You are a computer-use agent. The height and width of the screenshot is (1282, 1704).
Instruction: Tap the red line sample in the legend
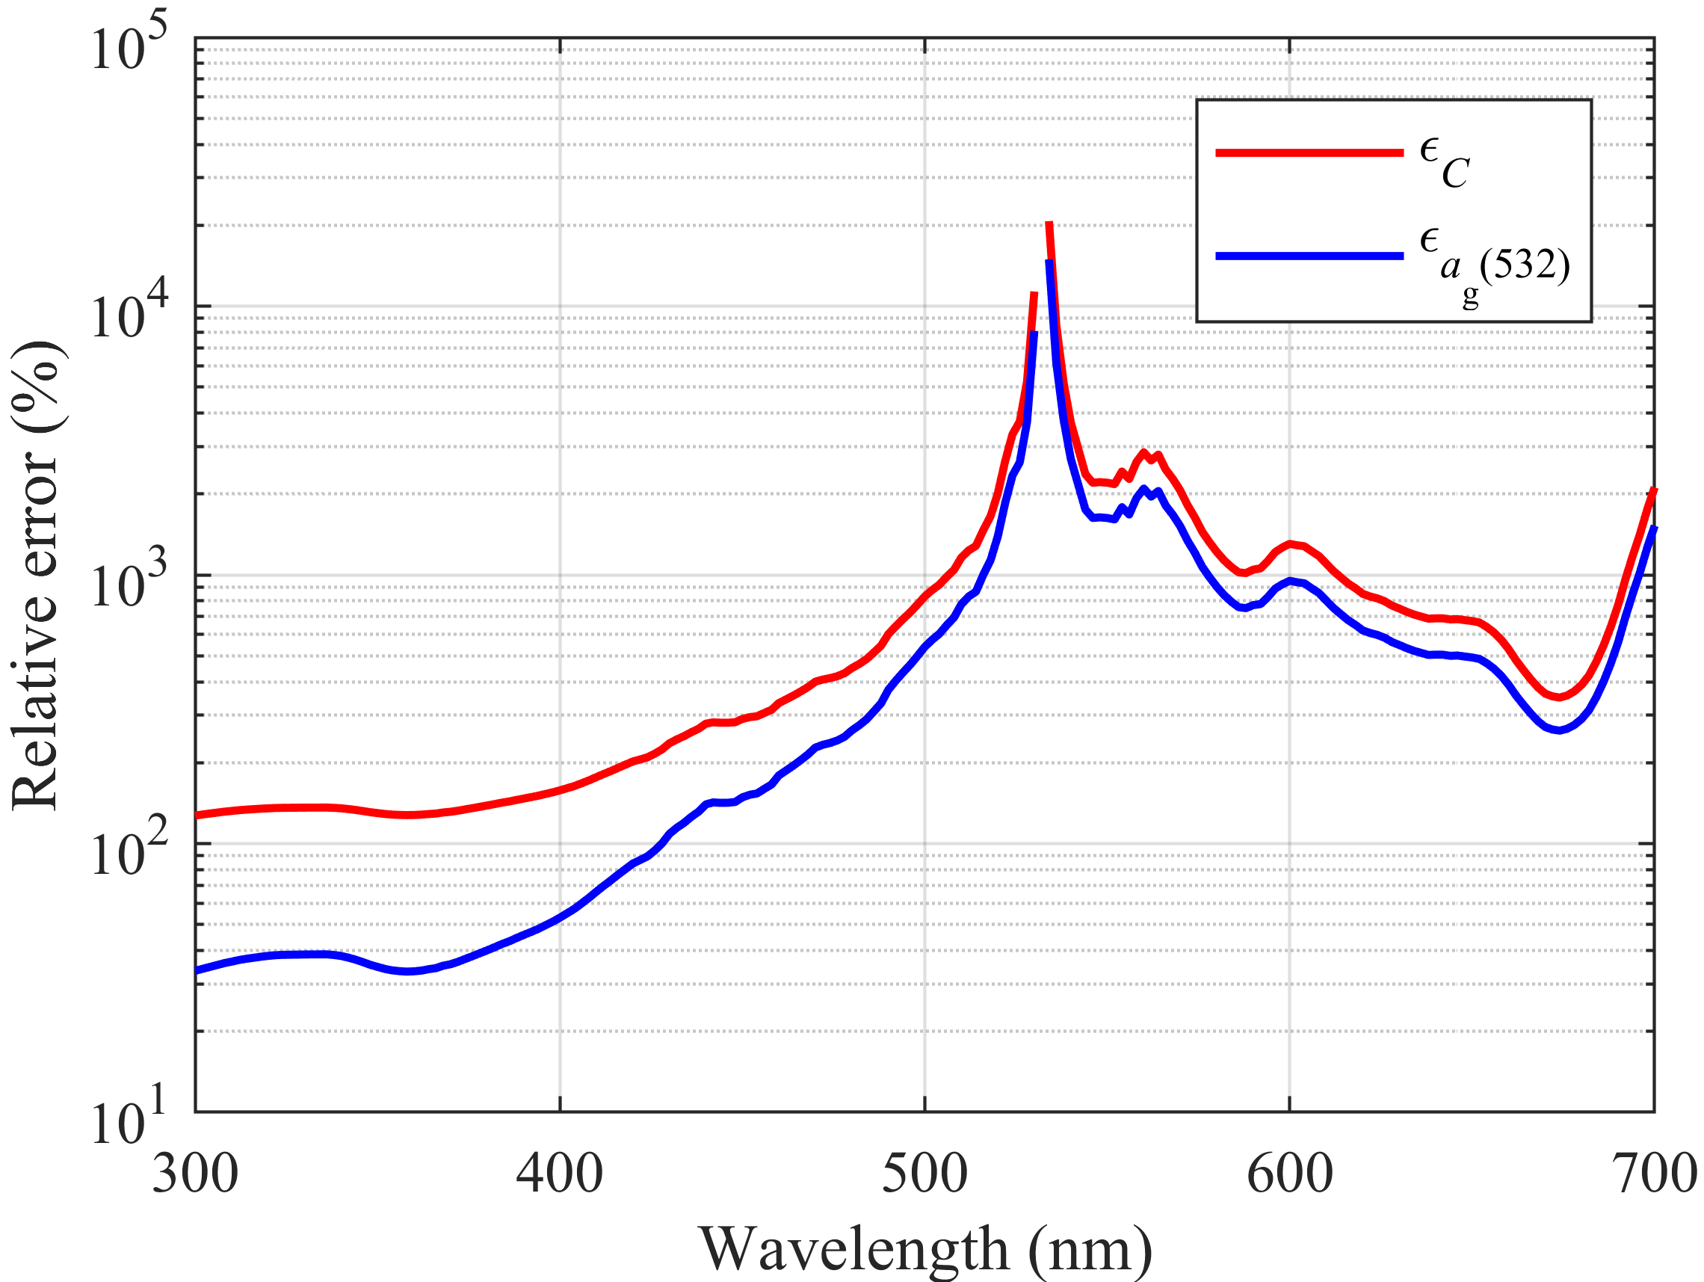(x=1309, y=152)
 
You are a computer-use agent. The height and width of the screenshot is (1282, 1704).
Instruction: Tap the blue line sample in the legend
(x=1309, y=256)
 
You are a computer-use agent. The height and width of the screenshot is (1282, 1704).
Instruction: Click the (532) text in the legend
(x=1525, y=265)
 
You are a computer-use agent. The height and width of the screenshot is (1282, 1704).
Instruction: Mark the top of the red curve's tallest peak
(x=1049, y=224)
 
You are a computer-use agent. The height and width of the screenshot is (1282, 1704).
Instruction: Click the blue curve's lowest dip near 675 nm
(x=1559, y=730)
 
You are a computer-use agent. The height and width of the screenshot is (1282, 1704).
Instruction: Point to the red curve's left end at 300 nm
(x=197, y=815)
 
